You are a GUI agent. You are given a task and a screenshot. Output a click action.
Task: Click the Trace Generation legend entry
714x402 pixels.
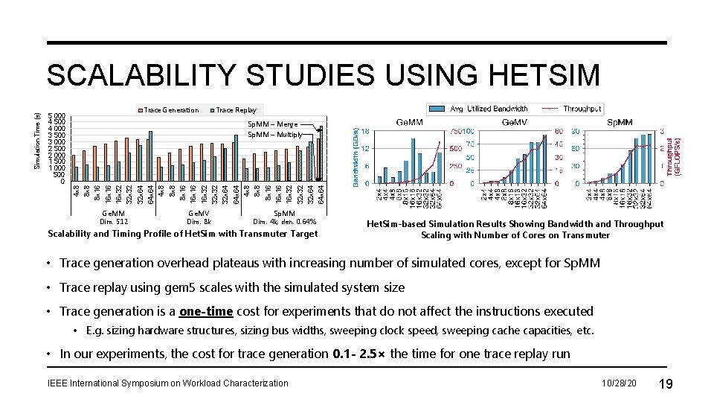tap(170, 110)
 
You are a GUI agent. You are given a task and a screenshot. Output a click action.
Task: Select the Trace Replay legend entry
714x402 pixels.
tap(236, 110)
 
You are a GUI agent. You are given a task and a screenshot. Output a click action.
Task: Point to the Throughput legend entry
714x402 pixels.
tap(582, 109)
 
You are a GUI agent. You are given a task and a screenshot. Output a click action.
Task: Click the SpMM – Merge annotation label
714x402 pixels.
tap(272, 124)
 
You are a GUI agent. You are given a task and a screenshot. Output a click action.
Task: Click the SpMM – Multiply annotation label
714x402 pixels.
tap(275, 135)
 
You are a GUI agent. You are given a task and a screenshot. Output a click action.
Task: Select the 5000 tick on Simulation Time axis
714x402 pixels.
tap(56, 116)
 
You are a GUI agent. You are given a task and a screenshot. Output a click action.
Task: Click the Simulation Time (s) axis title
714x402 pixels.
tap(38, 139)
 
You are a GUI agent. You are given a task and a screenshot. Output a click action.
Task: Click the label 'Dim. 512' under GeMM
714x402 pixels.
tap(114, 221)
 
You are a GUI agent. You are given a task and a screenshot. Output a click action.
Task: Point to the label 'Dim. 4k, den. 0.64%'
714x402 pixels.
tap(284, 221)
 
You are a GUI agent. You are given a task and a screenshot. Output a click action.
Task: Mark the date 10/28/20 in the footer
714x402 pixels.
tap(619, 383)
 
